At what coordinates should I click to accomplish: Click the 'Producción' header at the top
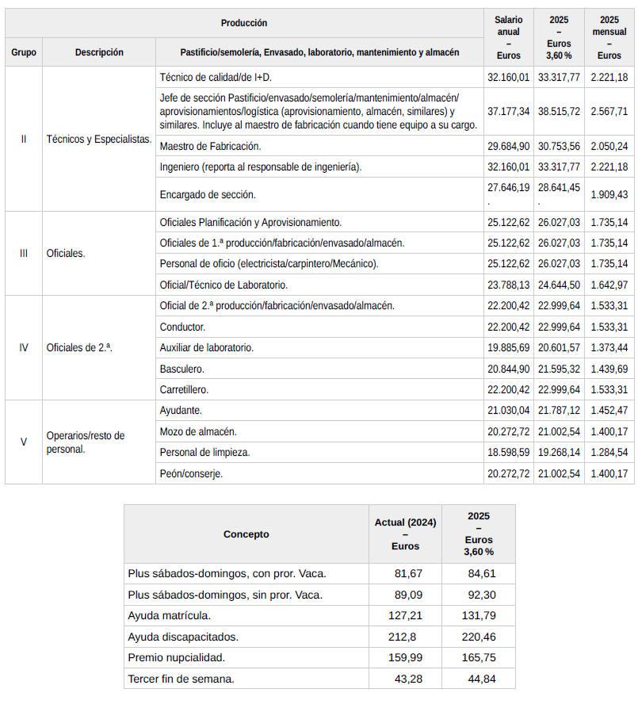pyautogui.click(x=244, y=23)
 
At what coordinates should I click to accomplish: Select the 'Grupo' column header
pyautogui.click(x=23, y=52)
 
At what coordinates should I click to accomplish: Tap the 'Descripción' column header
pyautogui.click(x=99, y=52)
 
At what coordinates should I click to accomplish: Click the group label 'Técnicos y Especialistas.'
pyautogui.click(x=99, y=139)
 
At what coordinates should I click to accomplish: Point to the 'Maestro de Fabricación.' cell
pyautogui.click(x=210, y=147)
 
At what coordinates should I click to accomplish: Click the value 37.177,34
pyautogui.click(x=508, y=112)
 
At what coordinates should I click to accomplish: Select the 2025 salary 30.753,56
pyautogui.click(x=559, y=147)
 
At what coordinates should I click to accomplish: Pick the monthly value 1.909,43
pyautogui.click(x=609, y=194)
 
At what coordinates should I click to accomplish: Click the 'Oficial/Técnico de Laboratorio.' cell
pyautogui.click(x=223, y=285)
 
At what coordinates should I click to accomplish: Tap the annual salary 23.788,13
pyautogui.click(x=508, y=285)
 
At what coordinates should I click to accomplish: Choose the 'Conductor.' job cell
pyautogui.click(x=182, y=327)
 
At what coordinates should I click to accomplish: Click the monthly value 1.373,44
pyautogui.click(x=609, y=347)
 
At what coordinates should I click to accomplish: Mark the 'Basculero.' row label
pyautogui.click(x=181, y=369)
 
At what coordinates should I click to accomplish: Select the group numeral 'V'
pyautogui.click(x=23, y=442)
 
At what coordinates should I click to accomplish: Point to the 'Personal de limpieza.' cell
pyautogui.click(x=204, y=453)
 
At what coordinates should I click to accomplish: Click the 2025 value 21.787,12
pyautogui.click(x=559, y=411)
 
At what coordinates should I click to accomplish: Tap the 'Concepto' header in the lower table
pyautogui.click(x=246, y=534)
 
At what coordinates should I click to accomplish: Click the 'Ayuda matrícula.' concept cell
pyautogui.click(x=170, y=615)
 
